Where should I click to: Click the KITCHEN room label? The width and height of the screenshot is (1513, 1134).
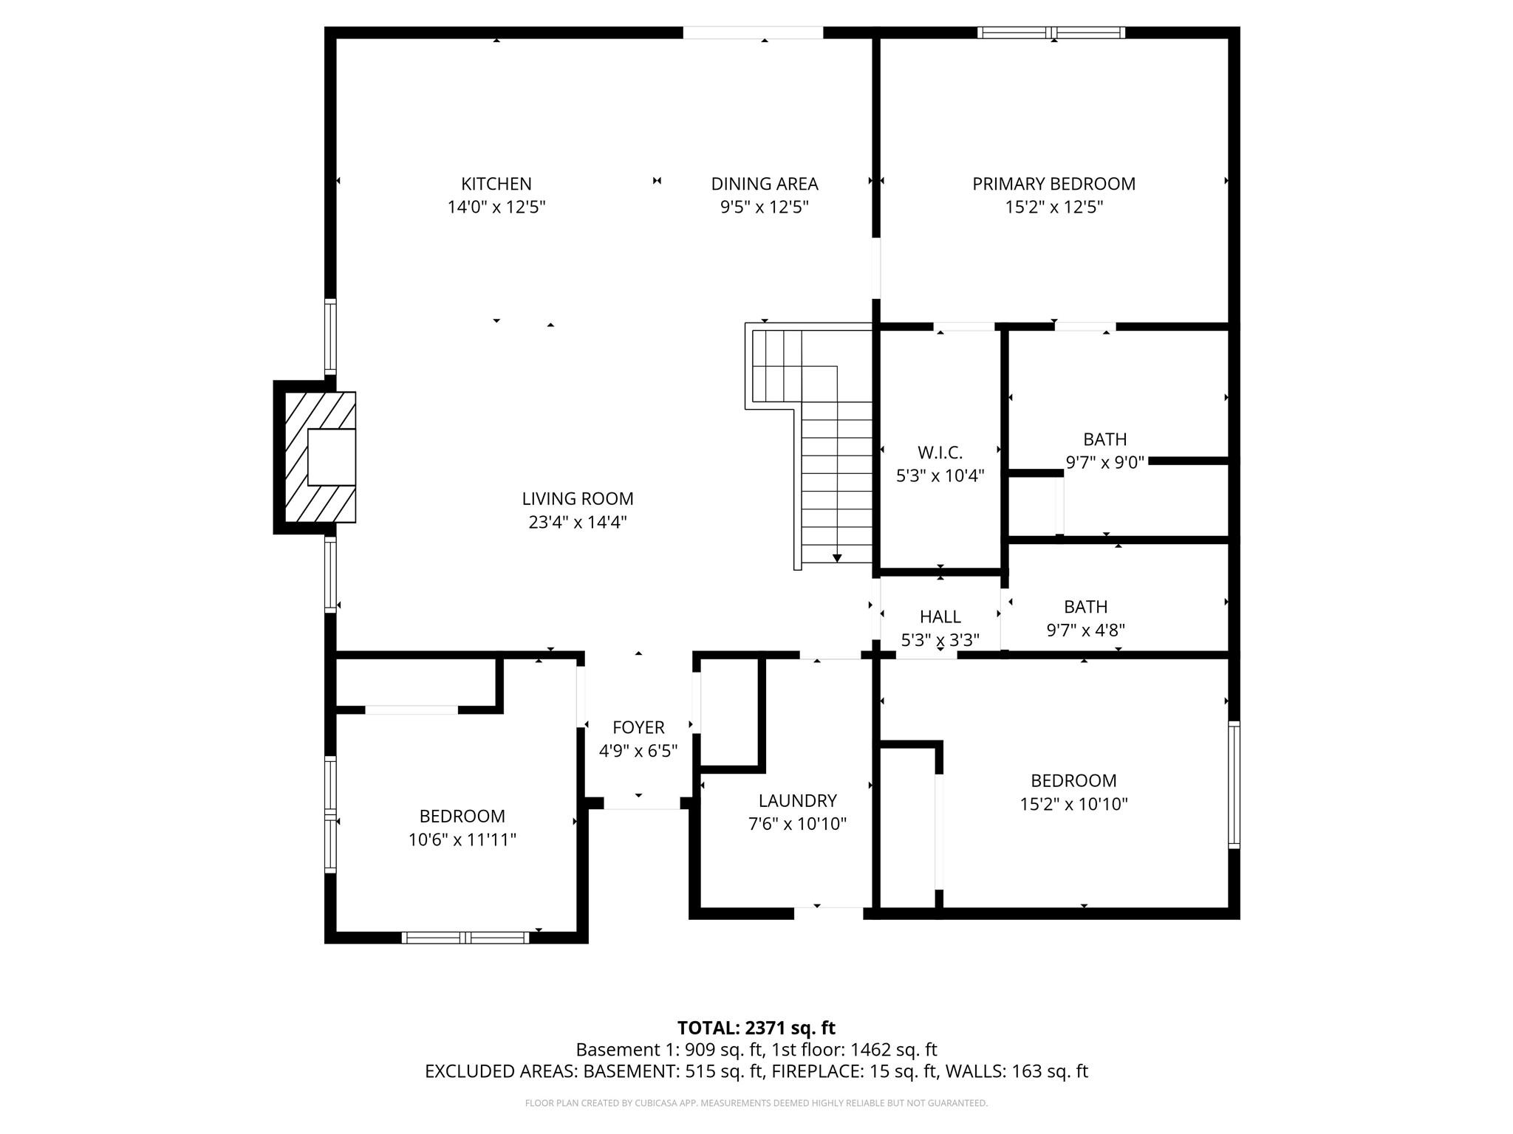click(x=496, y=184)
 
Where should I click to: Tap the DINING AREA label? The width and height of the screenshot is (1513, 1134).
click(x=764, y=184)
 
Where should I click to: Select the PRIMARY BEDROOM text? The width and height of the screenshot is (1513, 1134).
click(x=1053, y=184)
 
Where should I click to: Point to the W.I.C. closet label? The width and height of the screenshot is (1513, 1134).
click(x=940, y=452)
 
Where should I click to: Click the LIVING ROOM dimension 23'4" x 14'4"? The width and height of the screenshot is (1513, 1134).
click(x=577, y=523)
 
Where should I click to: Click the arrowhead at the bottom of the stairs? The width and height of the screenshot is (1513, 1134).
click(x=836, y=558)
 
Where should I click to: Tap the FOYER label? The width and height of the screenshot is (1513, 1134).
click(x=638, y=727)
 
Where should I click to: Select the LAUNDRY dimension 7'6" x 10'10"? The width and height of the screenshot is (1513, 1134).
click(x=797, y=824)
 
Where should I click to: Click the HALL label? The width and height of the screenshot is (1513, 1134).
click(x=940, y=616)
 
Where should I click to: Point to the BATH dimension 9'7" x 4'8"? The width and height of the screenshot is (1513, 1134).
click(x=1085, y=630)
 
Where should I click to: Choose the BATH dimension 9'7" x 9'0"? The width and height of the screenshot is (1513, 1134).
click(x=1104, y=463)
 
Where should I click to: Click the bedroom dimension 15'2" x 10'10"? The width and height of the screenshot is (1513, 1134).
click(x=1073, y=804)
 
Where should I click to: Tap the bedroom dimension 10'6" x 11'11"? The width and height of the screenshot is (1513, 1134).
click(x=462, y=840)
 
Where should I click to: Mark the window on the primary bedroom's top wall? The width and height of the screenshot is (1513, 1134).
click(x=1051, y=32)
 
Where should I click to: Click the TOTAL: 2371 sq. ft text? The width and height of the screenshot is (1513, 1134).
click(x=756, y=1028)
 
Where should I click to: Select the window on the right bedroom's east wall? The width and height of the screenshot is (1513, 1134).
click(x=1234, y=785)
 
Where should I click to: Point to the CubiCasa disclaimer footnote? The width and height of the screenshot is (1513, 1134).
click(x=756, y=1103)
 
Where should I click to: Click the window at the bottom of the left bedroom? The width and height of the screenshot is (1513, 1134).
click(x=465, y=938)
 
